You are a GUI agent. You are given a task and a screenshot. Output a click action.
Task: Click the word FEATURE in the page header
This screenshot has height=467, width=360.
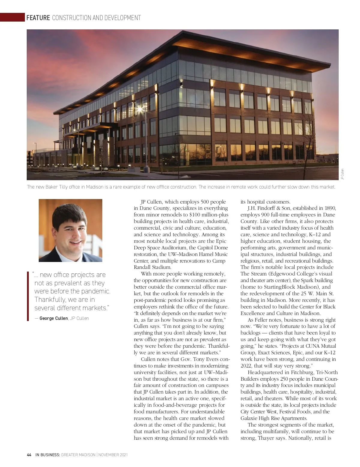38,18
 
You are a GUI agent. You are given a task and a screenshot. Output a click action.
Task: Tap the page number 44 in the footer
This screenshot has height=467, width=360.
29,455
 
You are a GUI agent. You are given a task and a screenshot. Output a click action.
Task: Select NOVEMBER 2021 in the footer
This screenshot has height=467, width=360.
113,455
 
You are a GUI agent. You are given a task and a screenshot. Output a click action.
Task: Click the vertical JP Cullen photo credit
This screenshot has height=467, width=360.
342,174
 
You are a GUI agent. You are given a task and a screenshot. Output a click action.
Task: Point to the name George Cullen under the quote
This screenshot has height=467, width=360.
54,318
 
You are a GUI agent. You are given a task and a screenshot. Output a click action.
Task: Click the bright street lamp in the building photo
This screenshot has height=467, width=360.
139,109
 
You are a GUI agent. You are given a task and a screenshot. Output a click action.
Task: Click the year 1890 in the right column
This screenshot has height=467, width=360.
330,208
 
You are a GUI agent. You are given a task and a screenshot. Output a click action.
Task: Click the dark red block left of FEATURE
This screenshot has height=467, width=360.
12,17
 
